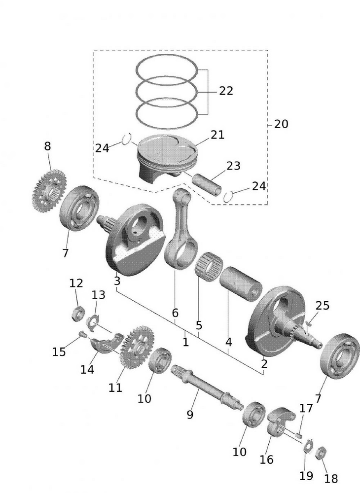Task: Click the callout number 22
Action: [226, 91]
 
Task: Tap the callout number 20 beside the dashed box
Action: [281, 124]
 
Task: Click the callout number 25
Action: [322, 306]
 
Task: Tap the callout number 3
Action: [117, 282]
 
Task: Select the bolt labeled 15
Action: [83, 336]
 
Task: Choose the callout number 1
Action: [185, 341]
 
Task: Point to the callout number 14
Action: [87, 369]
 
